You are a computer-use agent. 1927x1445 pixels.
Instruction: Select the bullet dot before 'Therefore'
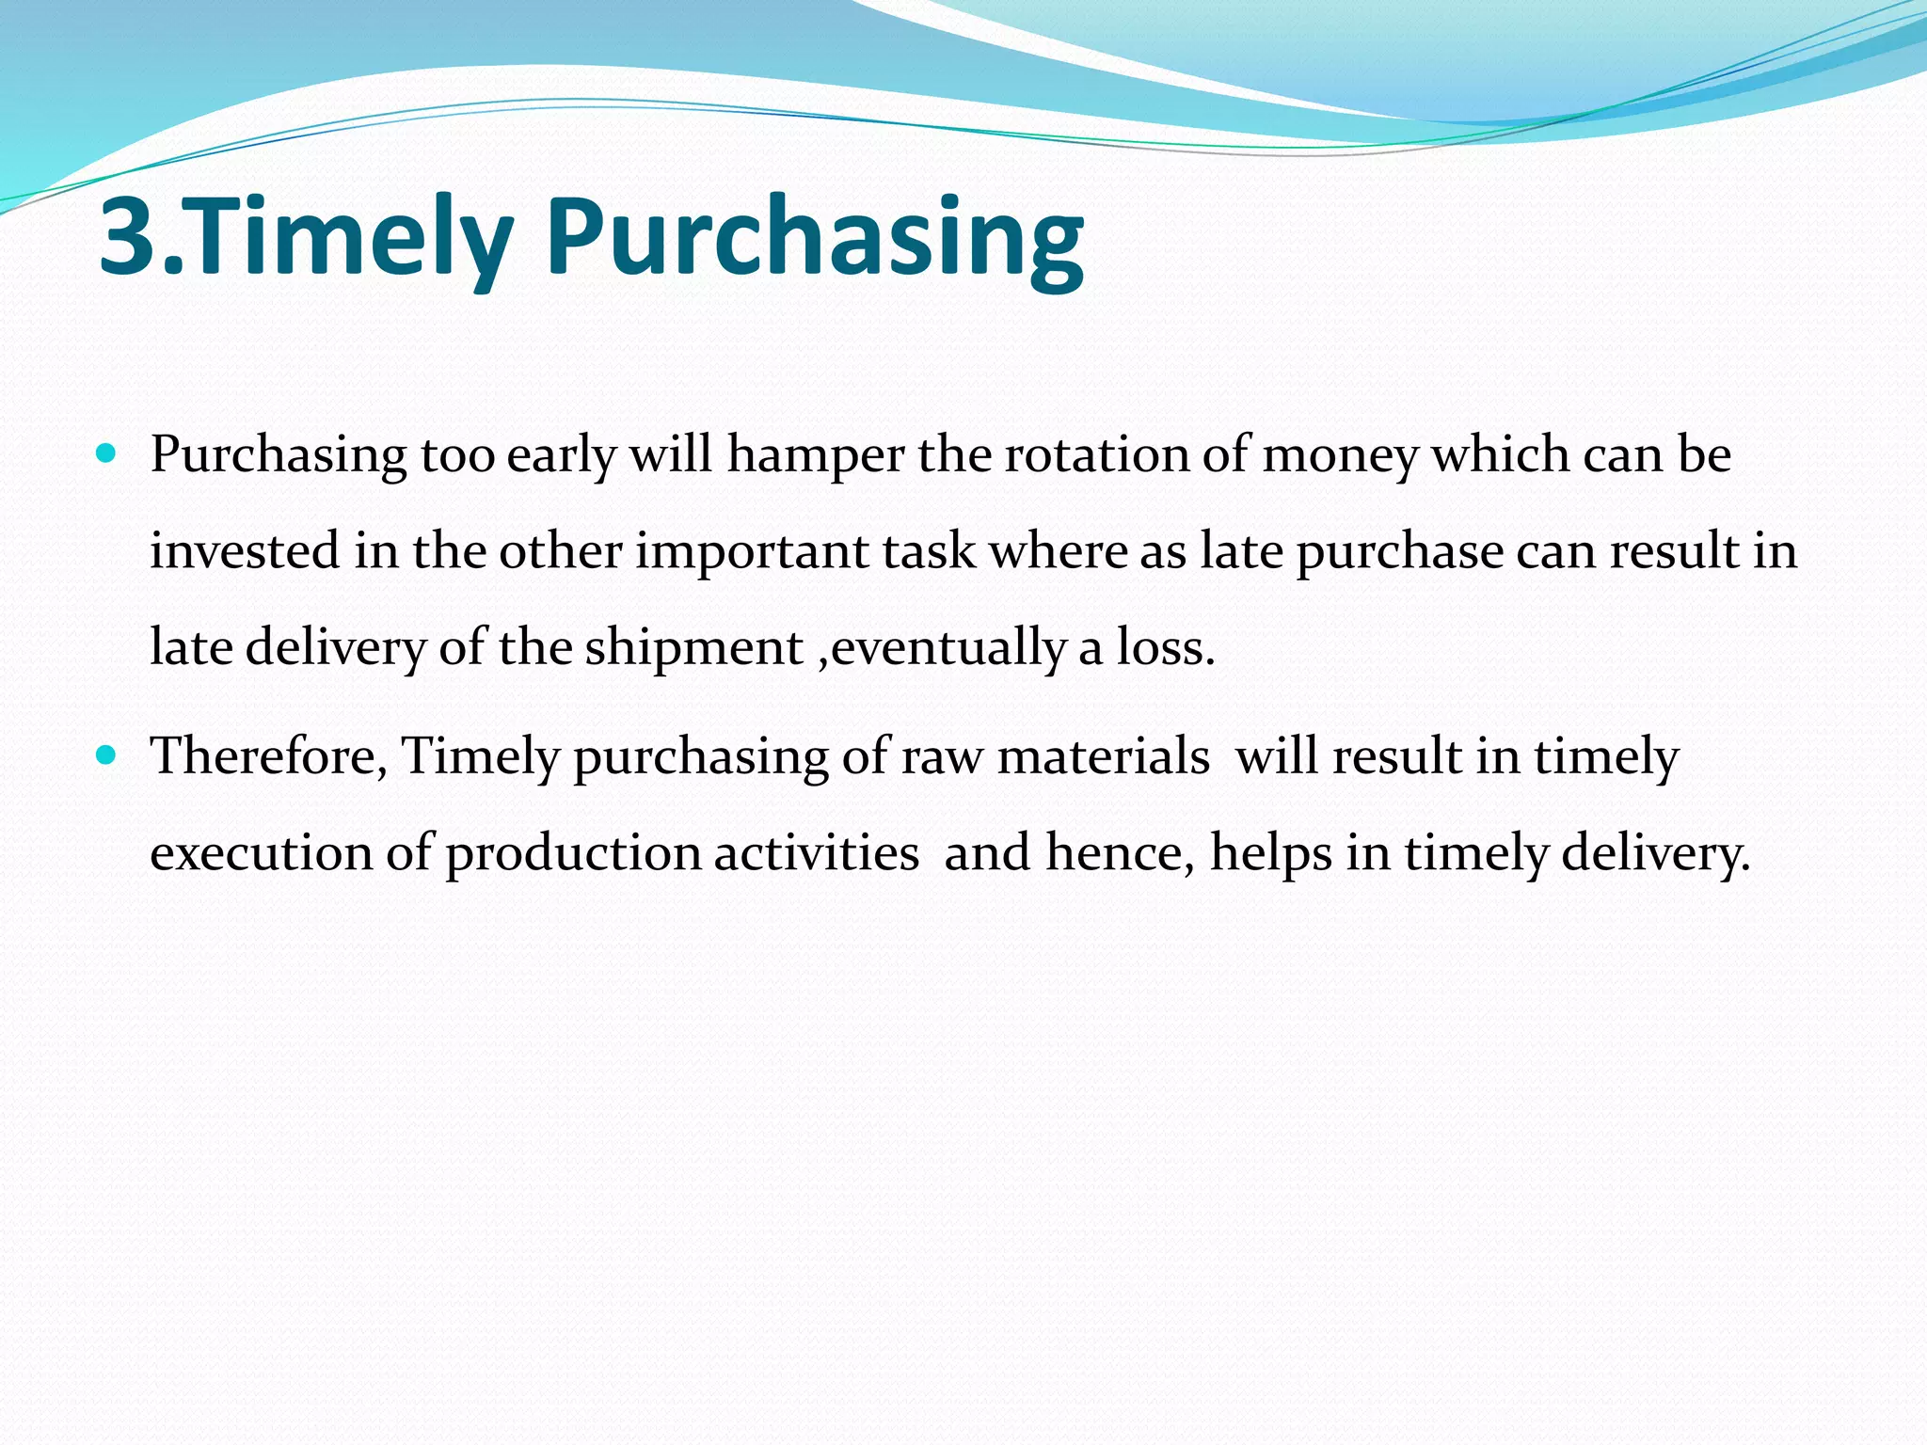pyautogui.click(x=106, y=754)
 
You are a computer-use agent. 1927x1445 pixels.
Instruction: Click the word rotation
pyautogui.click(x=1096, y=454)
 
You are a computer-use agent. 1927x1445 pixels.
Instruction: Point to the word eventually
pyautogui.click(x=949, y=649)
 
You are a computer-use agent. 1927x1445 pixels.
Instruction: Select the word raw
pyautogui.click(x=942, y=757)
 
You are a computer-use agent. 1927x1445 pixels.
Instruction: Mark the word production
pyautogui.click(x=573, y=854)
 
